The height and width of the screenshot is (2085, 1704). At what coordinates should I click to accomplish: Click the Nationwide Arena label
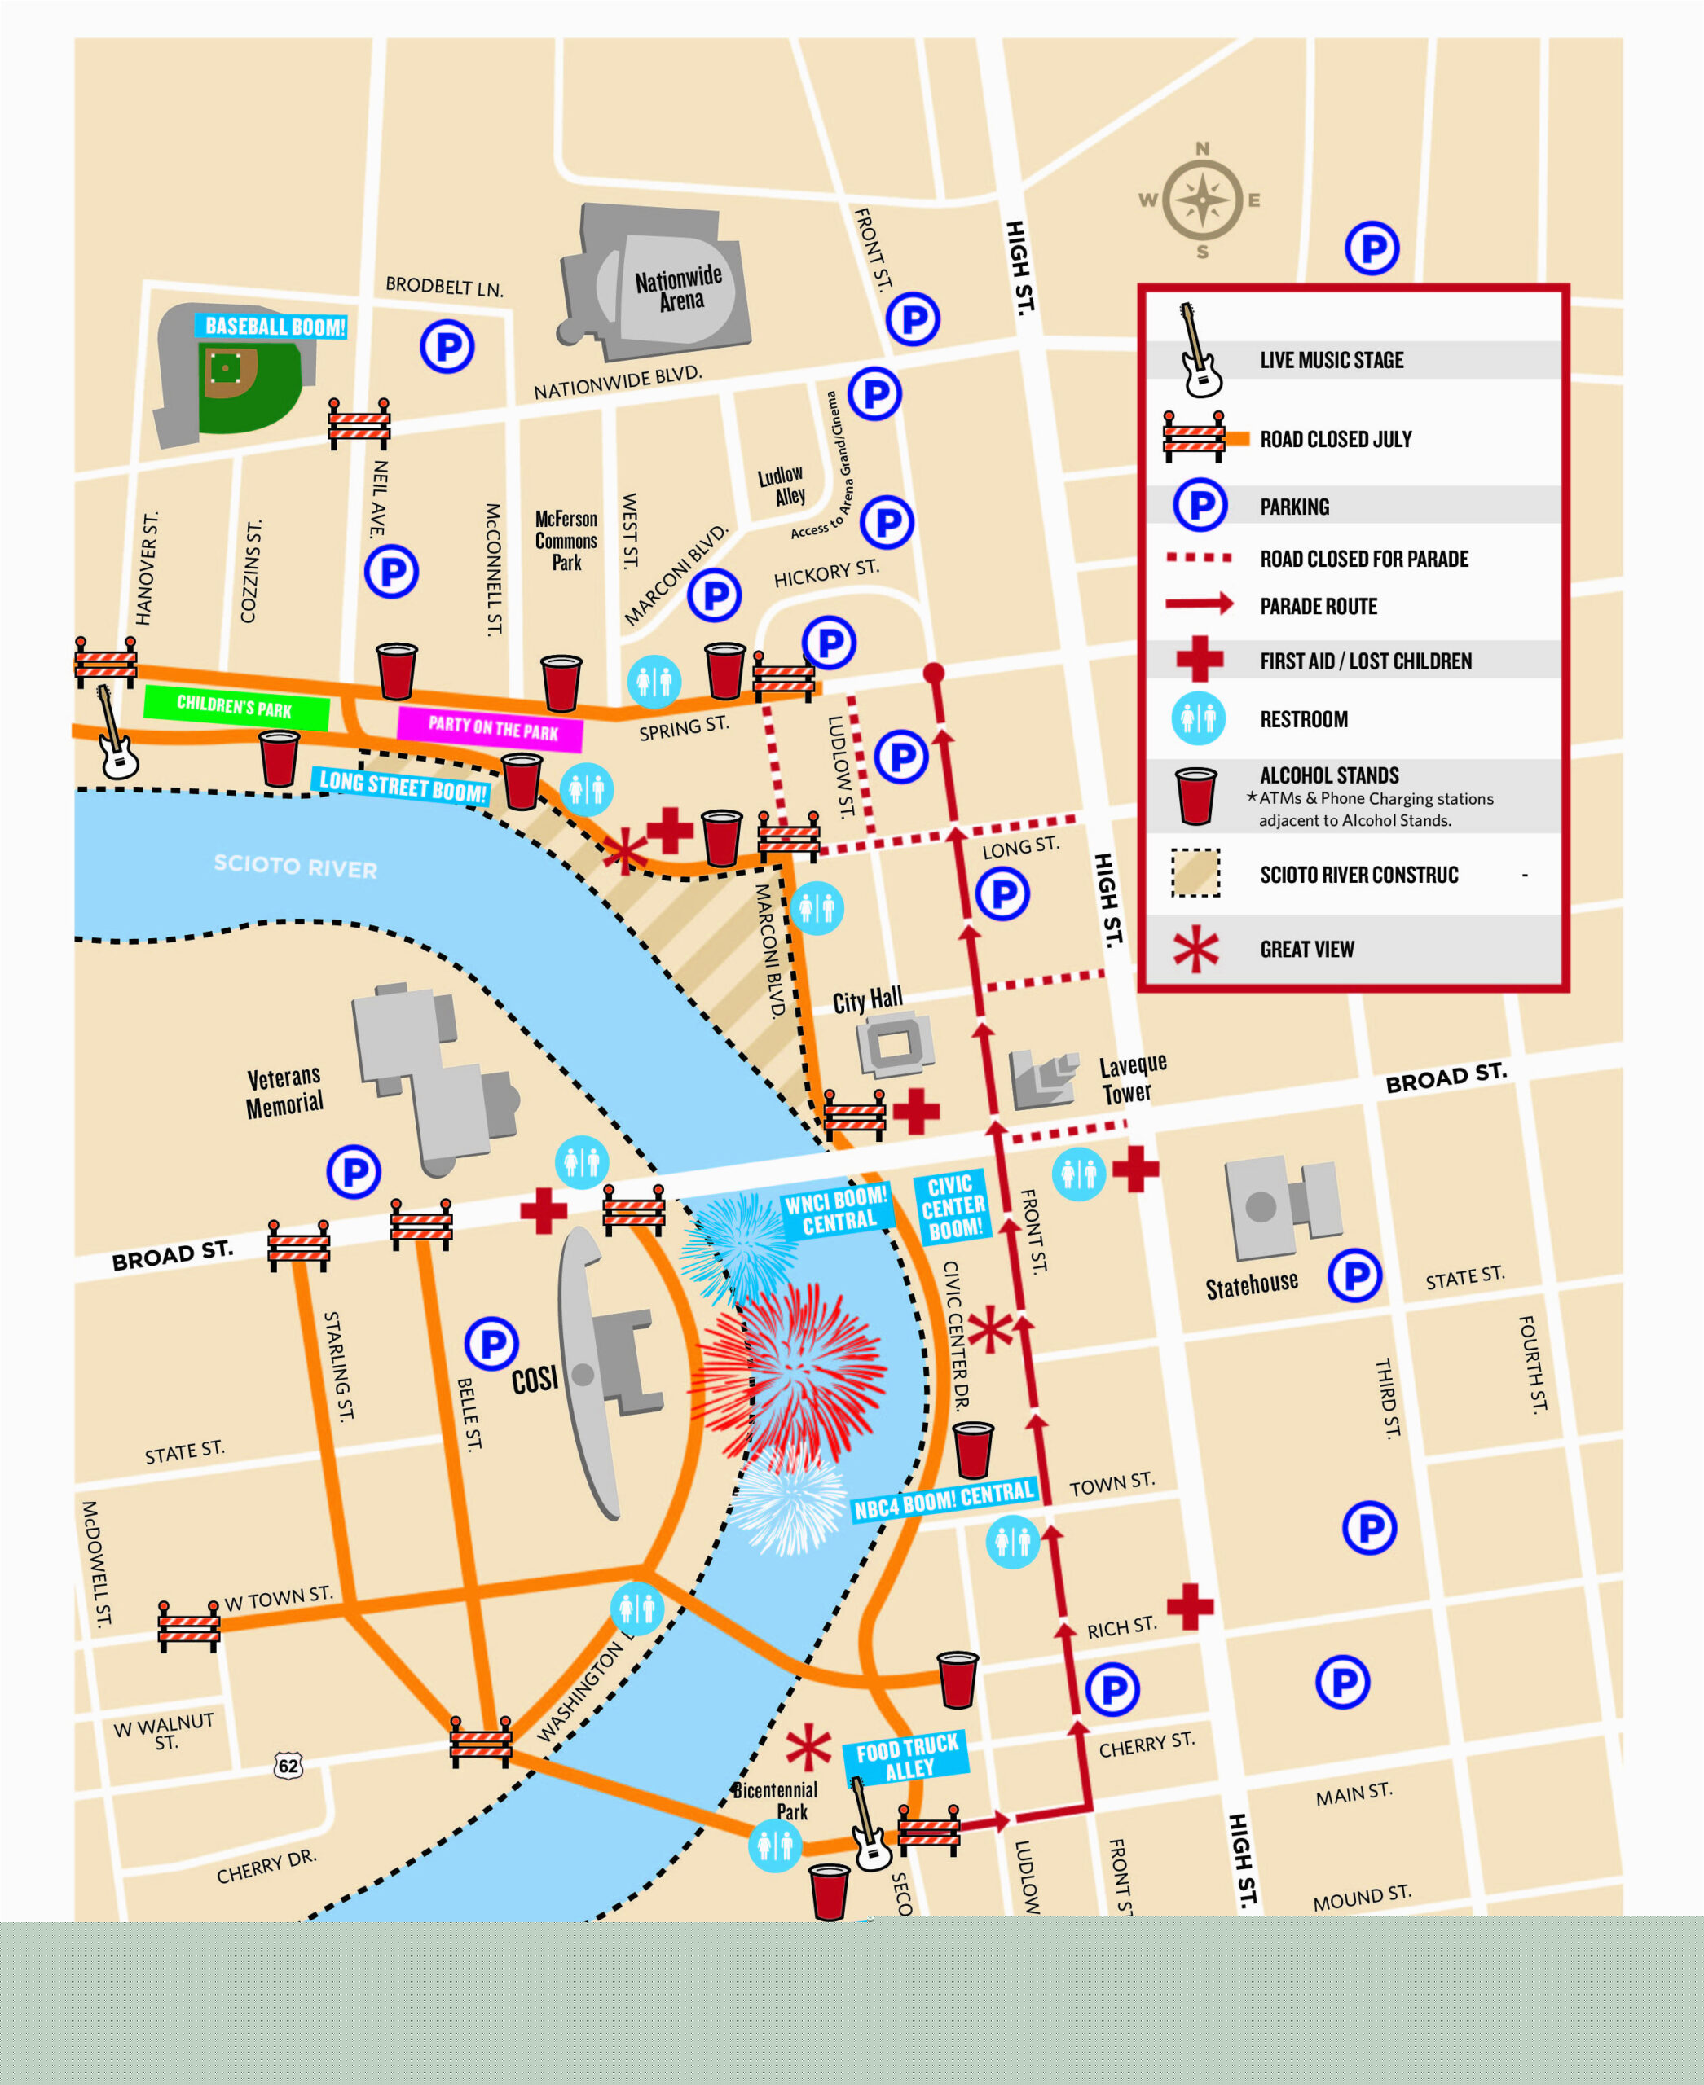coord(678,288)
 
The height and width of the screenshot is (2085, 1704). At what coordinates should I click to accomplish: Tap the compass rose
coord(1201,201)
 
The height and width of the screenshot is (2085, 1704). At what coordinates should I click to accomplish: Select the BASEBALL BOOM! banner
coord(274,327)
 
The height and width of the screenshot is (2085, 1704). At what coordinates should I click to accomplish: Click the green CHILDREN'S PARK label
coord(235,706)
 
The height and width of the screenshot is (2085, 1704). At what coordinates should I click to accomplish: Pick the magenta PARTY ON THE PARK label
coord(491,727)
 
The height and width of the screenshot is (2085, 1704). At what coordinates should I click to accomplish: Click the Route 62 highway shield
coord(288,1766)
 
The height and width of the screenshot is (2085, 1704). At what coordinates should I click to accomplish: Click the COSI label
coord(534,1380)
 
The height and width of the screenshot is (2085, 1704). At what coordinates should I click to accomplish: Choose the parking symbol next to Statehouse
coord(1354,1275)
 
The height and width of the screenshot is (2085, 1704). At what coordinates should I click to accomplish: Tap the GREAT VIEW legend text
coord(1306,949)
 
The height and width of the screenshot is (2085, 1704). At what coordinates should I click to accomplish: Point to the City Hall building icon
coord(893,1045)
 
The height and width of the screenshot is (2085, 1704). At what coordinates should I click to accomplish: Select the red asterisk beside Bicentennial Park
coord(808,1748)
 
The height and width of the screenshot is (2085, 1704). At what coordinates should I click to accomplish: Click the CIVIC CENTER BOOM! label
coord(952,1207)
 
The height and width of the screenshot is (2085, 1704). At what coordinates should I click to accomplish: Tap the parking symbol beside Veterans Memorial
coord(354,1170)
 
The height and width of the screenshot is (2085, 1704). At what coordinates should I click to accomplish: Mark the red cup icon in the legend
coord(1195,795)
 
